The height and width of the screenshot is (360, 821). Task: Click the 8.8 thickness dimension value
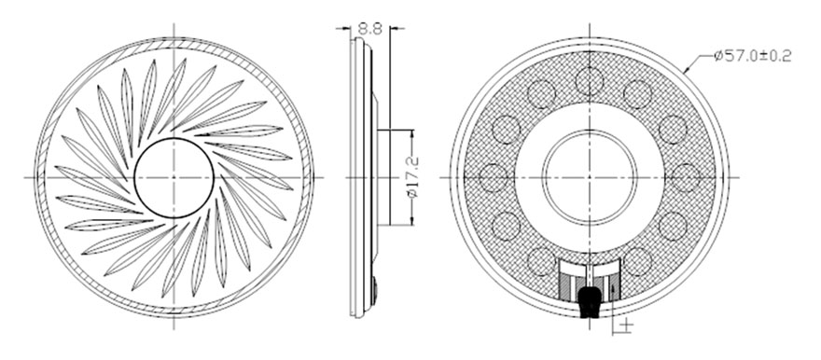(x=370, y=28)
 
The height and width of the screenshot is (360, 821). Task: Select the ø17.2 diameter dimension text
(x=412, y=177)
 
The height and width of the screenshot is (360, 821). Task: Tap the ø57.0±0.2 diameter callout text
(x=752, y=55)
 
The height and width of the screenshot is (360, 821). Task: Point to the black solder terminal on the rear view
(x=590, y=301)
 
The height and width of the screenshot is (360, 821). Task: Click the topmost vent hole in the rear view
(x=590, y=81)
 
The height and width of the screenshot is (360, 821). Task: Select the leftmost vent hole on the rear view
(x=494, y=177)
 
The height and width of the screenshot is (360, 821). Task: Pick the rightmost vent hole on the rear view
(x=686, y=177)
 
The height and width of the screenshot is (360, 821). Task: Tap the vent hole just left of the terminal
(x=541, y=261)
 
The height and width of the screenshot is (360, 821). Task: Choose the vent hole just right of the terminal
(x=638, y=261)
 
